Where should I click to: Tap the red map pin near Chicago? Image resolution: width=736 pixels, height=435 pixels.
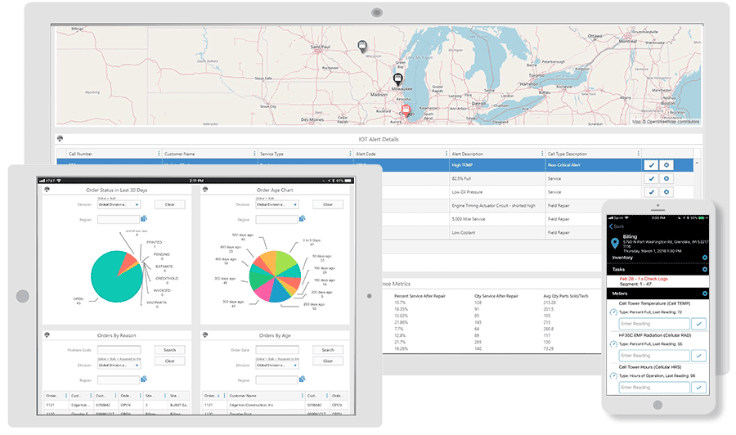coord(406,110)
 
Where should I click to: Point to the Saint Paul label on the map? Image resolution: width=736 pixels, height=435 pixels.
coord(321,47)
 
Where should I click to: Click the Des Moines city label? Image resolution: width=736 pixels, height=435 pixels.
coord(312,119)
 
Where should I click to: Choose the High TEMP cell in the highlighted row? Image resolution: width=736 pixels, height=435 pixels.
coord(464,165)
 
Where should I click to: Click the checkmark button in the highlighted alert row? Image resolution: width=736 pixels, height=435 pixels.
coord(651,165)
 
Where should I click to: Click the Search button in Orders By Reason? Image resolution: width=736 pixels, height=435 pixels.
coord(169,350)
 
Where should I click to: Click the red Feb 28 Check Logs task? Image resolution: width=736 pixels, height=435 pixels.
coord(647,279)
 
